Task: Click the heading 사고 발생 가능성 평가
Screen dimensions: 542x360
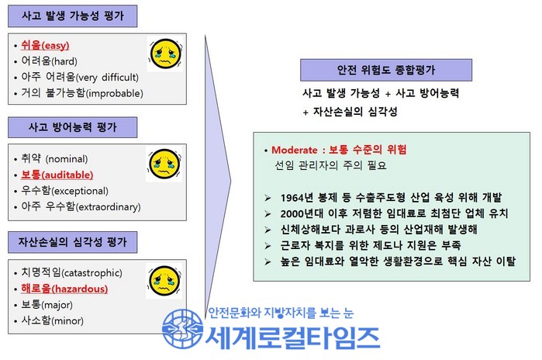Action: coord(73,16)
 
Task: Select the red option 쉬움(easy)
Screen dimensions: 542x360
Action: coord(45,45)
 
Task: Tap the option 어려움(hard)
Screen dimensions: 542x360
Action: coord(49,61)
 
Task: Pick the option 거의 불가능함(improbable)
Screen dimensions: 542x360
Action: coord(82,92)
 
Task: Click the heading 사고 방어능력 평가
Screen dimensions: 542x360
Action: coord(73,127)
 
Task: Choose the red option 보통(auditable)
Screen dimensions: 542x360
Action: coord(57,175)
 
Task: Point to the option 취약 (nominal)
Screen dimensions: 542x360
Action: coord(54,159)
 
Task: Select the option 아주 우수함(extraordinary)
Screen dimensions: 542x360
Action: coord(81,206)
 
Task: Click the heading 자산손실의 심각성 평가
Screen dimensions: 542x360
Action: coord(73,242)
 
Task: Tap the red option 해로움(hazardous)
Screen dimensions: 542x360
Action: coord(64,289)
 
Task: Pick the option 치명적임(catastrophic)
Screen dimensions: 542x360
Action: coord(71,272)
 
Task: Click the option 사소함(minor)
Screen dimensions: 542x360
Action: coord(52,320)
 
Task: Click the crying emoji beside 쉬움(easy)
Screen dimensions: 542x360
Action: coord(166,54)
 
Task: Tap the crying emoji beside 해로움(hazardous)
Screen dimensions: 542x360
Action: coord(164,281)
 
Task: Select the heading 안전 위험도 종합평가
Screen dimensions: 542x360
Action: coord(386,70)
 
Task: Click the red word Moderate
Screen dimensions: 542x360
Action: coord(294,150)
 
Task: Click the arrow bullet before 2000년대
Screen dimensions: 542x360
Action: coord(268,214)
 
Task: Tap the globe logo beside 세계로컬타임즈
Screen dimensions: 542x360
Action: coord(182,328)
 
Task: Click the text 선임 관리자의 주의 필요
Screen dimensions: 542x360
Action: coord(330,165)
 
